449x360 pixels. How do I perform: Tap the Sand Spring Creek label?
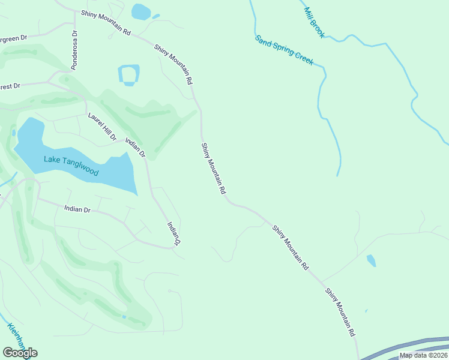click(284, 50)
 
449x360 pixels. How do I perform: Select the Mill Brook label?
click(314, 23)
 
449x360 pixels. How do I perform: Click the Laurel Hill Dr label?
click(101, 127)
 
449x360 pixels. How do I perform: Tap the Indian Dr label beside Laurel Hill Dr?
click(135, 147)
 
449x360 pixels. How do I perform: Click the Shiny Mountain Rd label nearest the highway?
click(340, 312)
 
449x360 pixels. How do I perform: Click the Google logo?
click(20, 353)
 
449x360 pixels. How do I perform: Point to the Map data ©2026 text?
click(423, 355)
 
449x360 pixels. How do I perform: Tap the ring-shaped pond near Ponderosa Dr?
click(129, 75)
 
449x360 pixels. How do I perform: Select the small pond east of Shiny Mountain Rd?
click(371, 260)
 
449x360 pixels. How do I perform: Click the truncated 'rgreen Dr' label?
click(13, 38)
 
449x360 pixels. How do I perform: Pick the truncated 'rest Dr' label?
click(10, 86)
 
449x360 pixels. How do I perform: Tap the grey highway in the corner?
click(408, 349)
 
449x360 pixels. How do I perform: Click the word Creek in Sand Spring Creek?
click(302, 58)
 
